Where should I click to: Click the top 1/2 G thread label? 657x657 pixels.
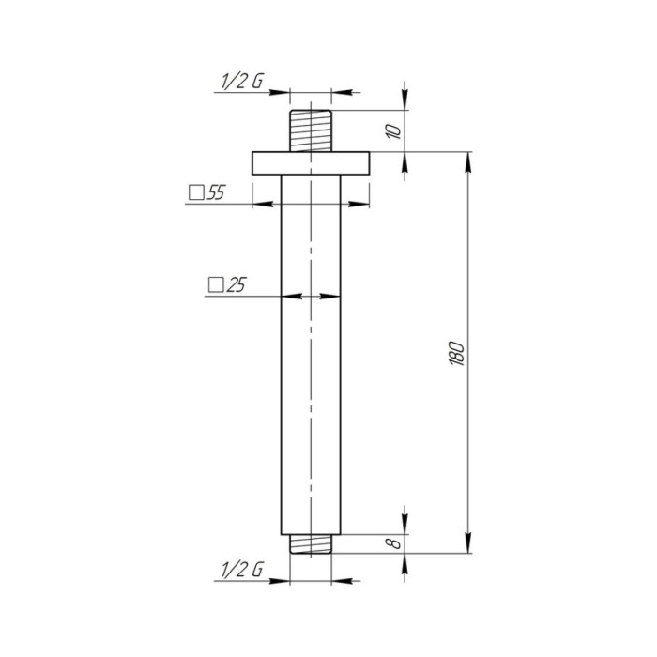(x=242, y=81)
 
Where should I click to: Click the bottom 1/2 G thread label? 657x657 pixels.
(x=242, y=570)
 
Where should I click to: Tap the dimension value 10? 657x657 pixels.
(x=394, y=131)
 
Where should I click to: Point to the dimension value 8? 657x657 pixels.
(x=395, y=543)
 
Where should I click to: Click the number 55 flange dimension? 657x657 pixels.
(x=216, y=192)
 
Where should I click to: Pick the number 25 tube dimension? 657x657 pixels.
(x=236, y=285)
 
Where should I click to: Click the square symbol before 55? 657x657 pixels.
(x=196, y=193)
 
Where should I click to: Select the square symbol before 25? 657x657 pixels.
(x=216, y=285)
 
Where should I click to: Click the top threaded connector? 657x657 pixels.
(x=311, y=130)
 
